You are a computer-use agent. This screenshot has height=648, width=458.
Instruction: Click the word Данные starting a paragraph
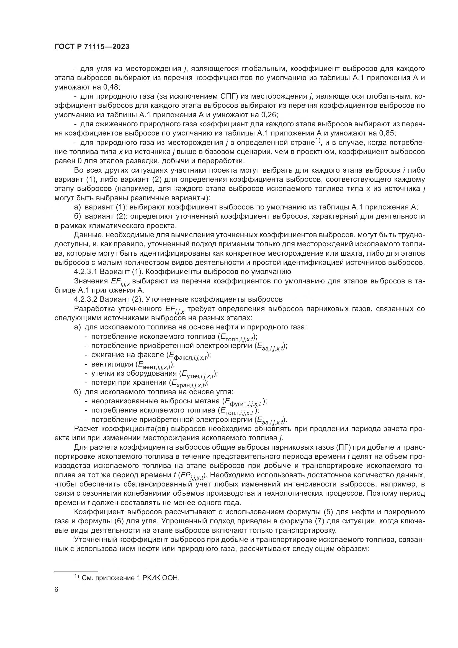point(88,235)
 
